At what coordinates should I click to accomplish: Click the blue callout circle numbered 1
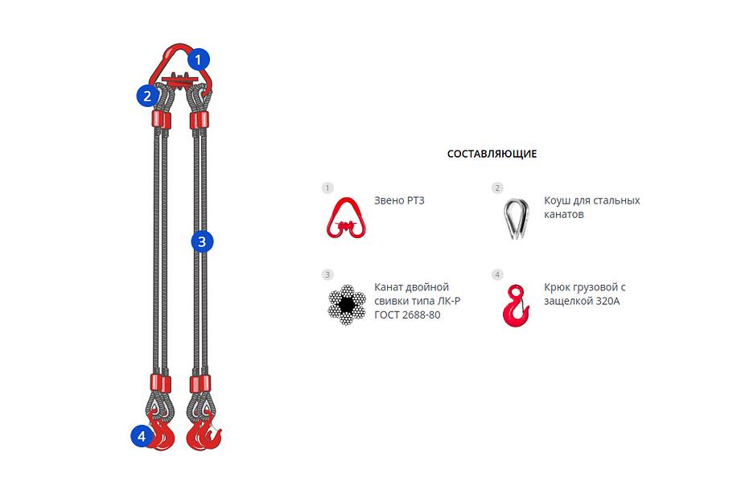[x=199, y=60]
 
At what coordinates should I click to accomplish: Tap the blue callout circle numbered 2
[x=147, y=96]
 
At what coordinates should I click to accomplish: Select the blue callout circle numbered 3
[x=202, y=241]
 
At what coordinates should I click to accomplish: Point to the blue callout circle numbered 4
[x=142, y=436]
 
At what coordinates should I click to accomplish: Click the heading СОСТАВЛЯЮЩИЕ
[x=492, y=154]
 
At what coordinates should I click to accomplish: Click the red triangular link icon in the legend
[x=346, y=218]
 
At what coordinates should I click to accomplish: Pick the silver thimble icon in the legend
[x=516, y=219]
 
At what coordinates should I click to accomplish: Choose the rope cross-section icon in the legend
[x=346, y=305]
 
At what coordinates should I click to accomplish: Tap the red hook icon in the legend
[x=516, y=306]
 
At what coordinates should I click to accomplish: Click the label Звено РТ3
[x=399, y=200]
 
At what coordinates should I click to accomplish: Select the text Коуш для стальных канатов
[x=592, y=208]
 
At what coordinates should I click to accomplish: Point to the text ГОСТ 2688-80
[x=407, y=315]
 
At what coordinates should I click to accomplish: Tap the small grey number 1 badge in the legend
[x=327, y=187]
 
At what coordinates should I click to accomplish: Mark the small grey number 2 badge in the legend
[x=497, y=187]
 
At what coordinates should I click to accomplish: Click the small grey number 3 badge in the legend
[x=327, y=274]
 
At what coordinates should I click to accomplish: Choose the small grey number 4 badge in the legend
[x=497, y=274]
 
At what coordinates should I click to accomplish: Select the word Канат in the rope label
[x=389, y=286]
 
